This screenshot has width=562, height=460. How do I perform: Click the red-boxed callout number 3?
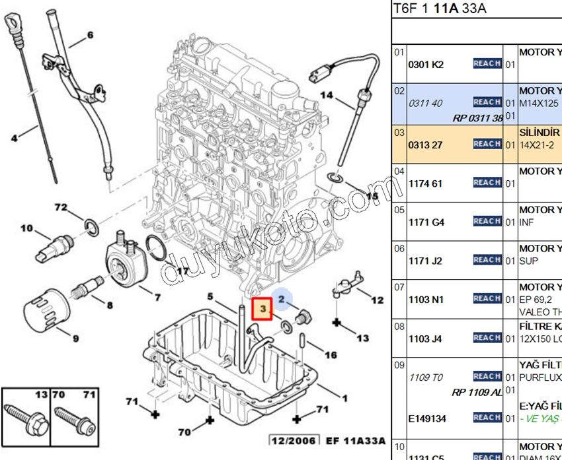262,308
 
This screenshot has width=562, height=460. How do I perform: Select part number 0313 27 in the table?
426,145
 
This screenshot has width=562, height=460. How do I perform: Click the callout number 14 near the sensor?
327,96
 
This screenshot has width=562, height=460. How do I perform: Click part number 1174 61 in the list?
426,183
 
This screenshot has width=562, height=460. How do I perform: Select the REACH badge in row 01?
487,63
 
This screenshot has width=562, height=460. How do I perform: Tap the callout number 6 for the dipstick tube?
90,35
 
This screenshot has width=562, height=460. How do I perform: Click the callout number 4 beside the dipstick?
14,138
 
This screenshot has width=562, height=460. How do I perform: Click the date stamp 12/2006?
292,440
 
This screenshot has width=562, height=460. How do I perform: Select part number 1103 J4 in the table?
426,339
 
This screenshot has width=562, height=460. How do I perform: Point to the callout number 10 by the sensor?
26,229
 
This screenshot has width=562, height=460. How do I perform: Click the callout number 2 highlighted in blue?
281,300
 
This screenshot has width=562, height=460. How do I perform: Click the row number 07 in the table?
399,287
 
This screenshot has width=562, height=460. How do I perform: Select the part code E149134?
426,418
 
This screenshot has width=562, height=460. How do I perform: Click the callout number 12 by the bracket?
377,300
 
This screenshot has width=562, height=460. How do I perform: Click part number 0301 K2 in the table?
426,65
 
